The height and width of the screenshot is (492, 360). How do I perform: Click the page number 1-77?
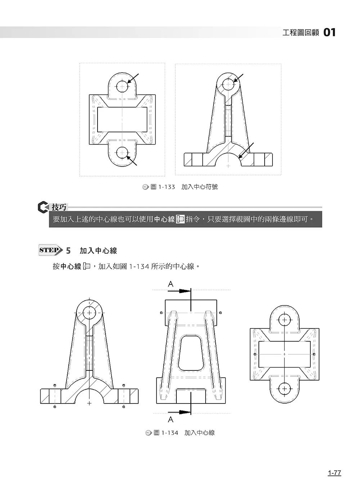(x=334, y=473)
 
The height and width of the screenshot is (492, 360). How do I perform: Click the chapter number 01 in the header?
(x=329, y=33)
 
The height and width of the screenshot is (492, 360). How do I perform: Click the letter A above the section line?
(x=171, y=284)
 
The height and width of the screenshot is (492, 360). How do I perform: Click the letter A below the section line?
(x=171, y=419)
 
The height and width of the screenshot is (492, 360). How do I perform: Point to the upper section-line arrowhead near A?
(x=185, y=291)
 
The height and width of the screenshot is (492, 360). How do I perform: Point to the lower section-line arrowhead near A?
(x=185, y=412)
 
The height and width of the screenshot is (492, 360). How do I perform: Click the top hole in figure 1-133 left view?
(x=122, y=87)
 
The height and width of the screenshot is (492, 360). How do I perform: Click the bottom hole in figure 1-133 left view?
(x=122, y=153)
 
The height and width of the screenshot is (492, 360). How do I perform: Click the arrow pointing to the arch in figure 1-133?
(x=246, y=150)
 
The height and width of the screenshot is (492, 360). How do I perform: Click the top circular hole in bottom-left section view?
(x=89, y=313)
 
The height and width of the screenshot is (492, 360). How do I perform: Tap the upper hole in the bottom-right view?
(x=284, y=320)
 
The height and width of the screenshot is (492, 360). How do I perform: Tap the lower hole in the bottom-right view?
(x=284, y=388)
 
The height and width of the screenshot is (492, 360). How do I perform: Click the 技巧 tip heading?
(x=59, y=207)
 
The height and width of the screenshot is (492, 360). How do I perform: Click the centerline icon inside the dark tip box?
(x=180, y=219)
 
